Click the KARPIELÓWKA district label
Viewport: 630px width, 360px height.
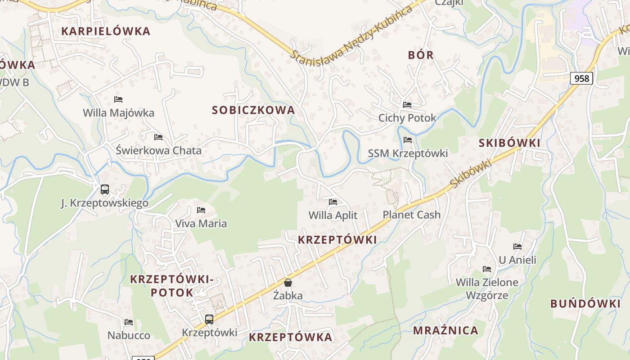pos(106,31)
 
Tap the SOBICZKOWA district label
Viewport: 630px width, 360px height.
pos(253,110)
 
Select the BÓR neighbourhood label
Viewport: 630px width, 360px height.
pos(421,55)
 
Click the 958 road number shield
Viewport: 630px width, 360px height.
pos(581,78)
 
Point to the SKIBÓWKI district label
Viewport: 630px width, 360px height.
pos(509,143)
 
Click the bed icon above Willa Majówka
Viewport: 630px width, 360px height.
pos(118,99)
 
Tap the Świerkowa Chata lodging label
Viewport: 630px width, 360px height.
pos(158,150)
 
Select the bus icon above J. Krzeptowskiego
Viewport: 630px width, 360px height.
pos(105,189)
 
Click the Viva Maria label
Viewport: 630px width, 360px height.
pos(201,223)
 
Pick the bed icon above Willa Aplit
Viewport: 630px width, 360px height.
pos(333,202)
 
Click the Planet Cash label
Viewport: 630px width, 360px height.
pos(411,215)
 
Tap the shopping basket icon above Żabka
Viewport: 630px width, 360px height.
pos(288,283)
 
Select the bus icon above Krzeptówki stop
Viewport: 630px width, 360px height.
pos(209,319)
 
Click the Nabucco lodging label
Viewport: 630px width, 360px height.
pos(129,335)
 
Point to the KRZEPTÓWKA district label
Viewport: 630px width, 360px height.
pos(291,337)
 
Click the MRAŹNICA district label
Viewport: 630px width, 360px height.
pos(445,330)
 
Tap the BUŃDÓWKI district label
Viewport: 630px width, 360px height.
pos(585,303)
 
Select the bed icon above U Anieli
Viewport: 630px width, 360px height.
pos(517,247)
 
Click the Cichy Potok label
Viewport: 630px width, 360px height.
pos(407,118)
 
